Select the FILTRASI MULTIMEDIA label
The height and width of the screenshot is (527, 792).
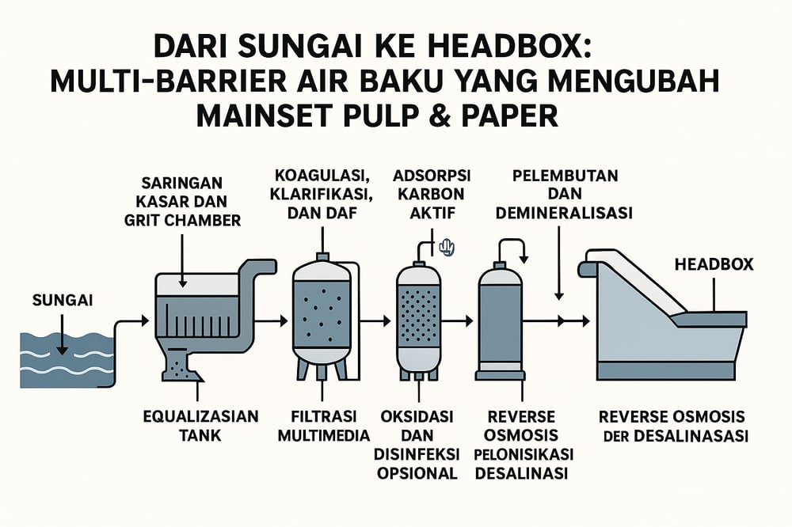(323, 424)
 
